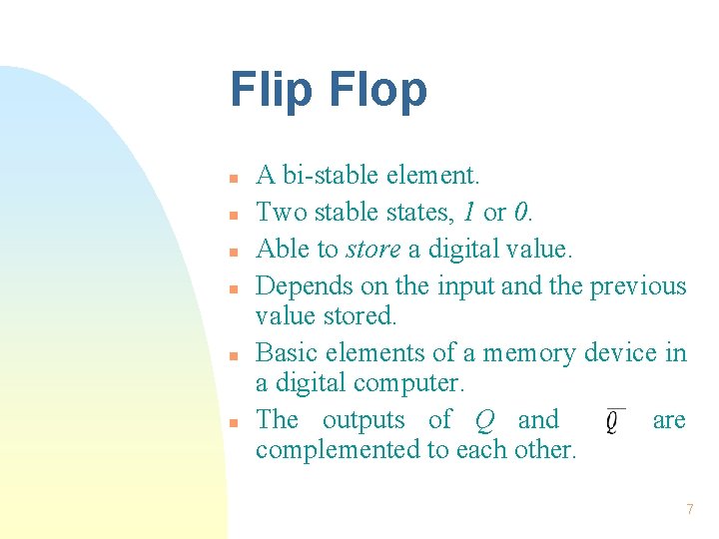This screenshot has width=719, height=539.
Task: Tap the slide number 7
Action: coord(689,509)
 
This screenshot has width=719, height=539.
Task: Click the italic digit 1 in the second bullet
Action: coord(468,213)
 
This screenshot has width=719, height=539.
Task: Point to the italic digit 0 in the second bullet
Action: coord(520,213)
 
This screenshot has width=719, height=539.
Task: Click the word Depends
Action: coord(299,286)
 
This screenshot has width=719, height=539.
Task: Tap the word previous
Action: coord(638,286)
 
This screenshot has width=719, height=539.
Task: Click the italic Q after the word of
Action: coord(484,421)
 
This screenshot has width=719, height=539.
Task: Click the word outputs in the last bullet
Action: coord(362,420)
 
